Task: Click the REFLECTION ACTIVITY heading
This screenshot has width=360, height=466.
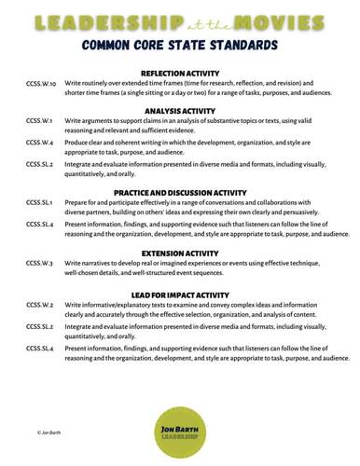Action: tap(180, 73)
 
